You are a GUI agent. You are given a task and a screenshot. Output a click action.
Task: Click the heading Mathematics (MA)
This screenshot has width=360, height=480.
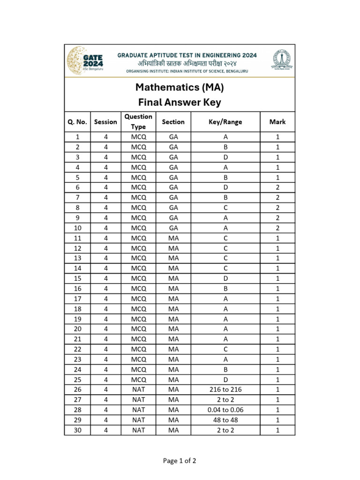pos(180,87)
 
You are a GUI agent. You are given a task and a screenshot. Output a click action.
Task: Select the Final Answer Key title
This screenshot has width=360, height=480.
pos(180,102)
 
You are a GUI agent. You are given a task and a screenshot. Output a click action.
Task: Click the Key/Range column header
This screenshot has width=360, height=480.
pos(225,122)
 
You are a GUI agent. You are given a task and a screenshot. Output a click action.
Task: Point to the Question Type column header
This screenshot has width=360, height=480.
pos(139,122)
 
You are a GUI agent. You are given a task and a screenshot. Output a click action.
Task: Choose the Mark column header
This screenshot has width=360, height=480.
pos(277,122)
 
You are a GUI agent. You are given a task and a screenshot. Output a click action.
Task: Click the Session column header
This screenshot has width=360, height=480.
pos(105,122)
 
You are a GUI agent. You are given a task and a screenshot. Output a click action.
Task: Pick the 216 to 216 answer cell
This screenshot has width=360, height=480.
pos(225,390)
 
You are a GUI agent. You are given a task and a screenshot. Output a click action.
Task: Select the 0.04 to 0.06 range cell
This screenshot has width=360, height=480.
pos(225,410)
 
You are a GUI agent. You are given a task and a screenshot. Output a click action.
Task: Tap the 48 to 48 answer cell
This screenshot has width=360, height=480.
pos(225,420)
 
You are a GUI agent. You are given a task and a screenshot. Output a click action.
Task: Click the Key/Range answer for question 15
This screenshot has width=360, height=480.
pos(225,278)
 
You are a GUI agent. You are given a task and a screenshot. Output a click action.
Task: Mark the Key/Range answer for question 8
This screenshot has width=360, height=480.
pos(225,208)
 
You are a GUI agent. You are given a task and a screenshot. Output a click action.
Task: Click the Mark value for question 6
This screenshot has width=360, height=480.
pos(277,187)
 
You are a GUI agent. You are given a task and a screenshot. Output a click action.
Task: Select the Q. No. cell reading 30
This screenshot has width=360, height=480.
pos(78,430)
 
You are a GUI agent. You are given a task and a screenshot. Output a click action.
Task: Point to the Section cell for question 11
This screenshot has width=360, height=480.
pos(173,238)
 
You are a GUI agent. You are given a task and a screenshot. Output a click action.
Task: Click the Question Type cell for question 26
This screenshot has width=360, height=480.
pos(139,390)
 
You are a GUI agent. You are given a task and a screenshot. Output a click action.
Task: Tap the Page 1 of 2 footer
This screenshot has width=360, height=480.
pos(180,461)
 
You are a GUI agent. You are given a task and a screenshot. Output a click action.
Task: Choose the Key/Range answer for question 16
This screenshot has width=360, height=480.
pos(225,289)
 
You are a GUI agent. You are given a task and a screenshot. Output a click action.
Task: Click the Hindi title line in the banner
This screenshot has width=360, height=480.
pos(187,63)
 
